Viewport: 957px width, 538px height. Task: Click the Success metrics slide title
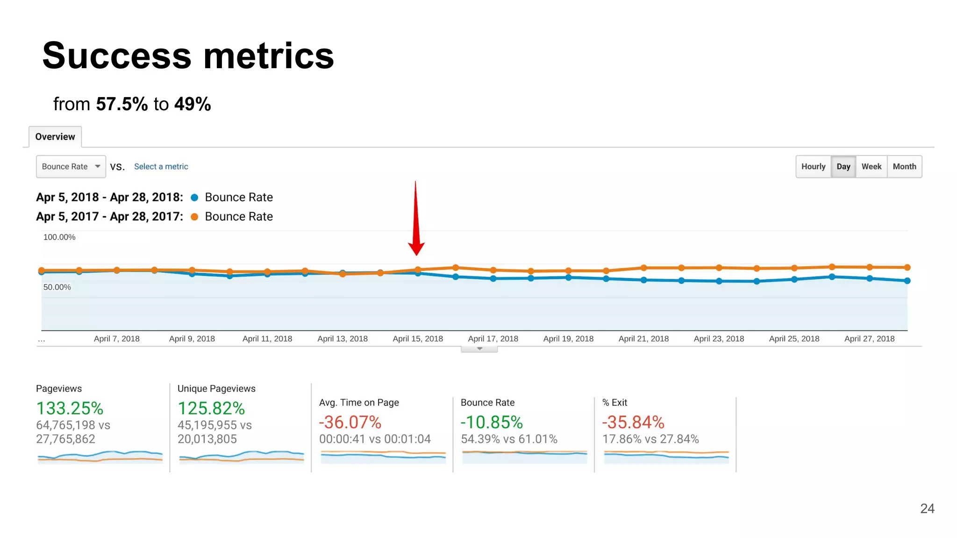coord(188,56)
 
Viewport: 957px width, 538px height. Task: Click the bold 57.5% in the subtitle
coord(122,104)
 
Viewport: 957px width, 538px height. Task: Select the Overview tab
coord(55,137)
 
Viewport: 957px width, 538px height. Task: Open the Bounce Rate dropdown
coord(71,167)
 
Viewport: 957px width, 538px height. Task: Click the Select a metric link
coord(161,167)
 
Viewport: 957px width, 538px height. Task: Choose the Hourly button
coord(813,167)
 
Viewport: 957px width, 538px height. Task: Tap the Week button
coord(871,167)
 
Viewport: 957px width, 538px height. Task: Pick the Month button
coord(904,167)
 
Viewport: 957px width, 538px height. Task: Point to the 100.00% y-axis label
coord(59,237)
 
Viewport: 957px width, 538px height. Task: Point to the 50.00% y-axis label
coord(57,287)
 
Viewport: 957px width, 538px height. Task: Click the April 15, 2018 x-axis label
coord(418,339)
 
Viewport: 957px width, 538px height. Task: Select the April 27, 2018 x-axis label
coord(869,339)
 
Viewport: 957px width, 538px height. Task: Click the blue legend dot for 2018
coord(195,198)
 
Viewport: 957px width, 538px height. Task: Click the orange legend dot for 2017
coord(195,217)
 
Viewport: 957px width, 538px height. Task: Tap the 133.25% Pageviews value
coord(70,409)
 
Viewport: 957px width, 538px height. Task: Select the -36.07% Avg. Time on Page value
coord(350,423)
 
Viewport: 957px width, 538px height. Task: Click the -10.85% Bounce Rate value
coord(492,423)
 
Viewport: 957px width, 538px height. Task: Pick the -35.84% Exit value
coord(633,423)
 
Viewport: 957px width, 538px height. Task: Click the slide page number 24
coord(927,509)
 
